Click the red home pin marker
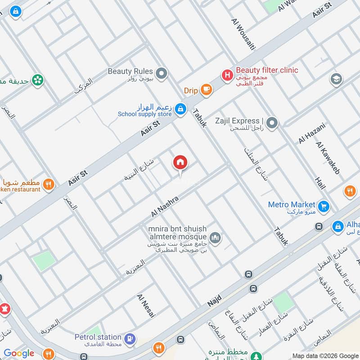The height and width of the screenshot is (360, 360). click(x=180, y=162)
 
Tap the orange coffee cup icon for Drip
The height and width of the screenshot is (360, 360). click(x=206, y=90)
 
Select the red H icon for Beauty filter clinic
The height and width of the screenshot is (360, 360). click(x=228, y=75)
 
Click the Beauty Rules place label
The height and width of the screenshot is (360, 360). click(x=130, y=72)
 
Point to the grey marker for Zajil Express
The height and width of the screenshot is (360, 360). click(x=271, y=122)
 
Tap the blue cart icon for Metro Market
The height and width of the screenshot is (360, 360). click(x=323, y=207)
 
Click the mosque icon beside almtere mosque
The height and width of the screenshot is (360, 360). click(x=216, y=237)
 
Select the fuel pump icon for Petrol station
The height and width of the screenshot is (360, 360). click(x=130, y=338)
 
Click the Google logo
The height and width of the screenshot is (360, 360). click(x=19, y=353)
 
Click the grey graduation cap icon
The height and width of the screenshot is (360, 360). click(x=336, y=80)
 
